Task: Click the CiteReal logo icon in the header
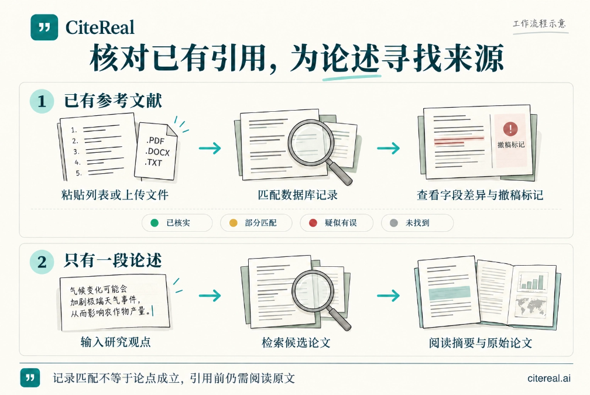[x=44, y=27]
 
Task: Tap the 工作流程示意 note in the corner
[x=539, y=23]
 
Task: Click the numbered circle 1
[x=42, y=101]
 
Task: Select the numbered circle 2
[x=42, y=262]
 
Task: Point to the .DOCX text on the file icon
[x=157, y=152]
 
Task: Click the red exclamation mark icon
[x=510, y=129]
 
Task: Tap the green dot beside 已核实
[x=155, y=223]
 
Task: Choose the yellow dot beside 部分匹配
[x=234, y=223]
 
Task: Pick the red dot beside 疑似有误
[x=313, y=223]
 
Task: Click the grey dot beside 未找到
[x=393, y=223]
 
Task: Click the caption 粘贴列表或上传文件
[x=115, y=195]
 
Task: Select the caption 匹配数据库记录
[x=297, y=195]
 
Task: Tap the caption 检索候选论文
[x=296, y=343]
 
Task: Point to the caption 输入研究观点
[x=115, y=342]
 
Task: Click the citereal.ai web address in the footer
[x=549, y=378]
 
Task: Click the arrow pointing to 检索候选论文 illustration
[x=210, y=296]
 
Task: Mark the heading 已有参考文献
[x=113, y=101]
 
